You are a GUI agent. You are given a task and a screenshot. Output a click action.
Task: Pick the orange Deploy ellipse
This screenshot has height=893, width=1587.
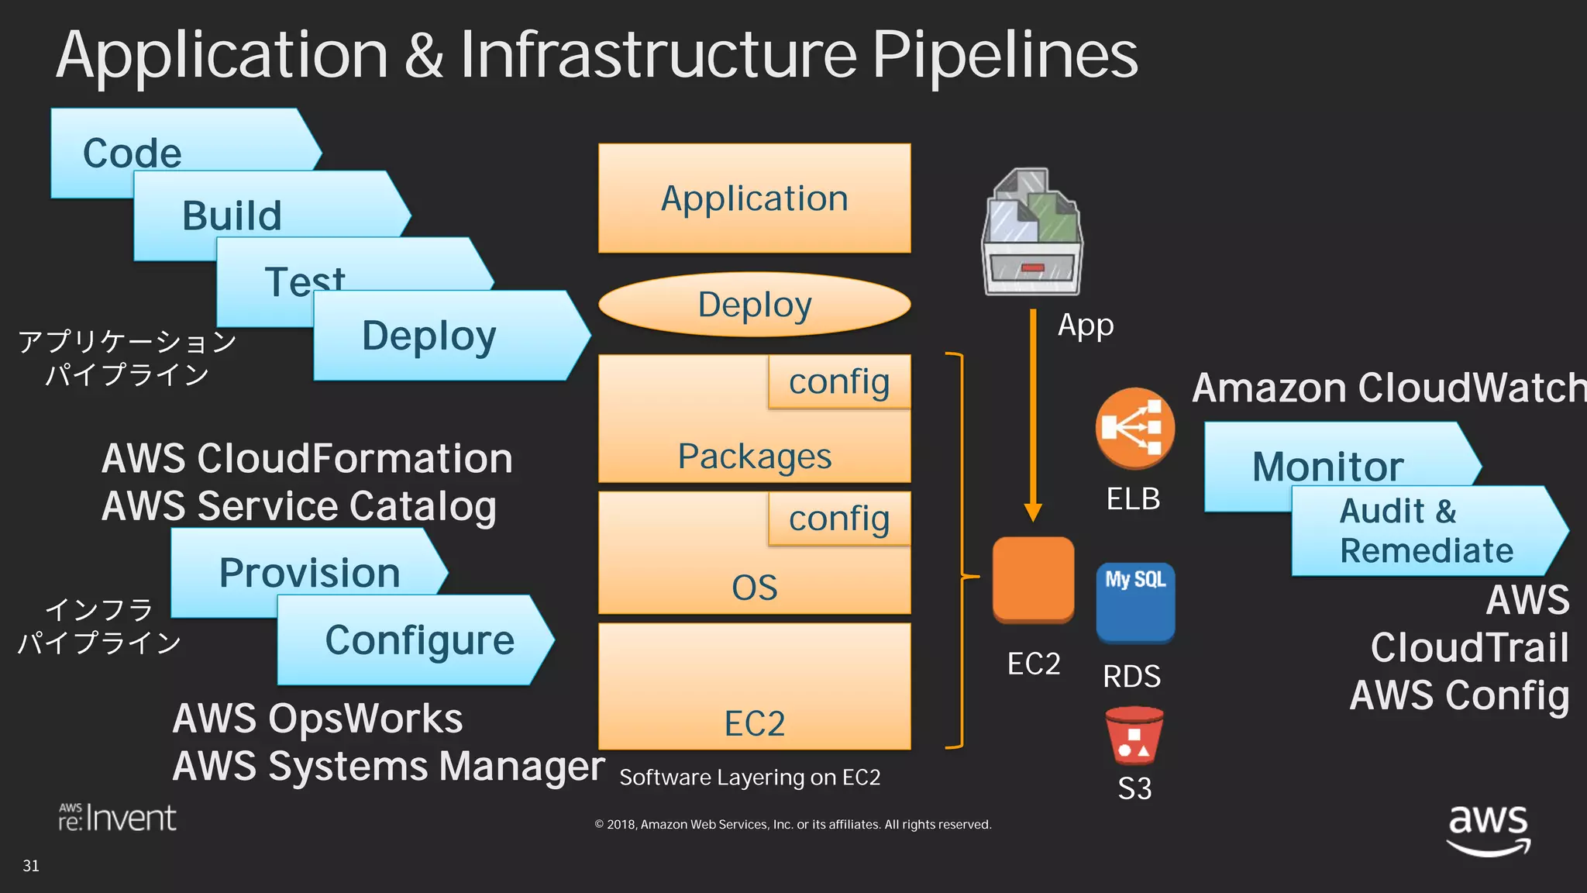point(754,305)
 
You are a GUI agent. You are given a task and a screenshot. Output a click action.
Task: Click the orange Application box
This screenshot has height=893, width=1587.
point(754,198)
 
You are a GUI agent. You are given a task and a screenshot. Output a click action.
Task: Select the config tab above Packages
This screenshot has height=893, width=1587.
point(839,381)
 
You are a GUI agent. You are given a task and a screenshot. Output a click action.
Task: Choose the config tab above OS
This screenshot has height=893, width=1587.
point(839,519)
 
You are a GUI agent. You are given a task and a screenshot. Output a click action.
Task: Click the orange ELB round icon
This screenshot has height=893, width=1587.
point(1134,428)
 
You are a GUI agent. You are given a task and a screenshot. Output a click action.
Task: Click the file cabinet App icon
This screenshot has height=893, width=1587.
point(1032,233)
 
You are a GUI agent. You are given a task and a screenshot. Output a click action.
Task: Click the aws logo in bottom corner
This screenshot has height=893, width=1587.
point(1488,829)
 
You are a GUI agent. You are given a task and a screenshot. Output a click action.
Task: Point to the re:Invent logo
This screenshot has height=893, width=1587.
point(118,818)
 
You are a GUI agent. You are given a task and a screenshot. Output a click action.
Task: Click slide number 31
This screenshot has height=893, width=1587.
point(31,866)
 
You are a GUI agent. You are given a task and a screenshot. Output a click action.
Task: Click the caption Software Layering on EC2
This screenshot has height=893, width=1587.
point(749,777)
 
